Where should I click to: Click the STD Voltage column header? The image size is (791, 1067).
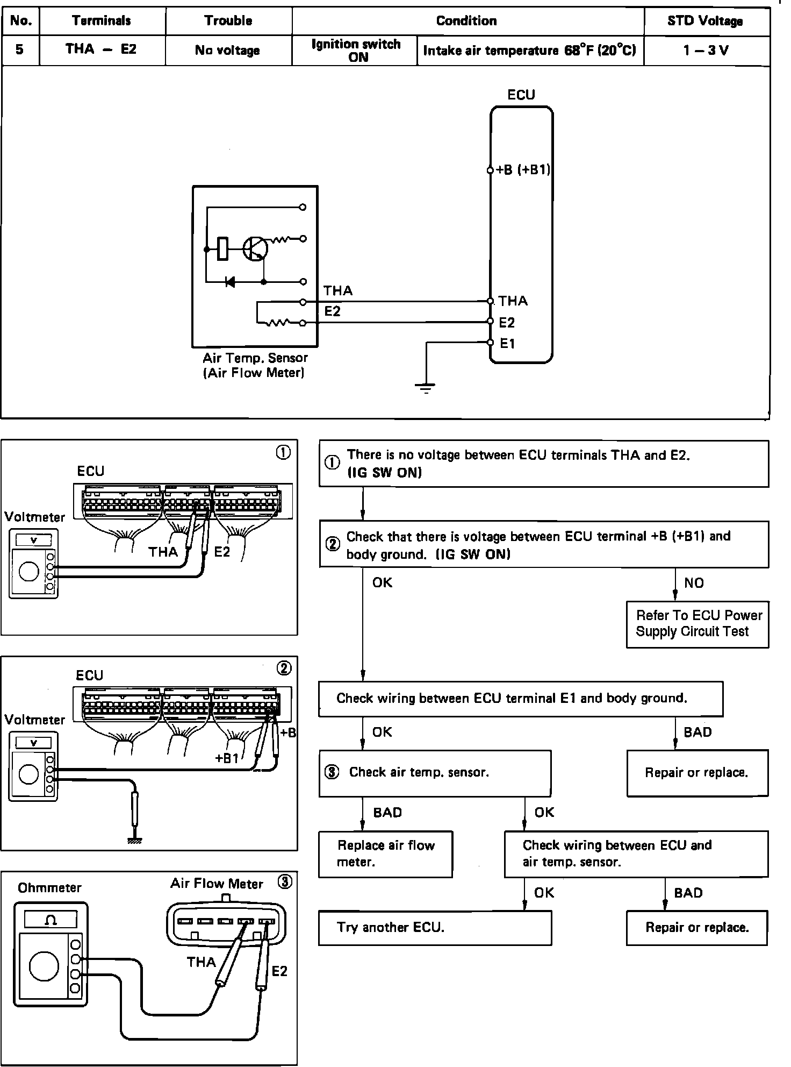pyautogui.click(x=705, y=21)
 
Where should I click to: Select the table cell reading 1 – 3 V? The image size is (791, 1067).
pyautogui.click(x=706, y=51)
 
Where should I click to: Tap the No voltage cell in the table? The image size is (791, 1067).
pyautogui.click(x=228, y=51)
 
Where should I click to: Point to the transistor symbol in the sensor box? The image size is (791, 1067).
pyautogui.click(x=254, y=249)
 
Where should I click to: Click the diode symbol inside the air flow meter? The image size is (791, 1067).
pyautogui.click(x=230, y=281)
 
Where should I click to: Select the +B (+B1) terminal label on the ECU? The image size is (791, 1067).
pyautogui.click(x=522, y=170)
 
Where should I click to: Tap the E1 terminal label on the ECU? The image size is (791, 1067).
pyautogui.click(x=507, y=343)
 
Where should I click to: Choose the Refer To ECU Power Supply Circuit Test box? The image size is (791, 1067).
pyautogui.click(x=697, y=624)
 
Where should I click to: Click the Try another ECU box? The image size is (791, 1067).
pyautogui.click(x=435, y=928)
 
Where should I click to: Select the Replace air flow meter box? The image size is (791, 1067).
pyautogui.click(x=385, y=854)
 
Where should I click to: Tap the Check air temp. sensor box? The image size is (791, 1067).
pyautogui.click(x=435, y=773)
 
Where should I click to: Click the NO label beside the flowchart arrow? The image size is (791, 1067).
pyautogui.click(x=694, y=583)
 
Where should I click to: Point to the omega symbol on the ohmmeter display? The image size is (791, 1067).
pyautogui.click(x=51, y=920)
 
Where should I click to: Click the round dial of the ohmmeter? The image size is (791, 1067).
pyautogui.click(x=44, y=966)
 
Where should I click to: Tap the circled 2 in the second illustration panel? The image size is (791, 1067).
pyautogui.click(x=284, y=668)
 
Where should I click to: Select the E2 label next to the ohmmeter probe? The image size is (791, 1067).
pyautogui.click(x=279, y=971)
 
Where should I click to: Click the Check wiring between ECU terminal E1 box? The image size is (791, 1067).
pyautogui.click(x=521, y=699)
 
